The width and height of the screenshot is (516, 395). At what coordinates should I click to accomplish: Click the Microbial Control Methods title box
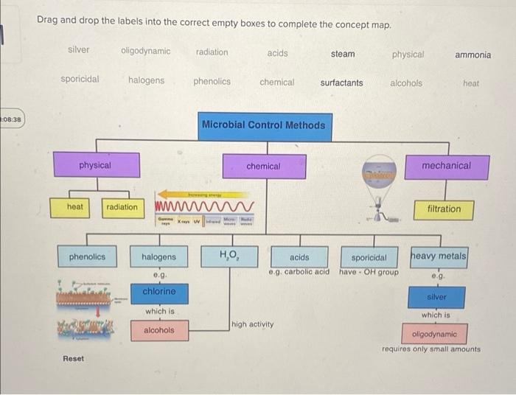click(x=263, y=125)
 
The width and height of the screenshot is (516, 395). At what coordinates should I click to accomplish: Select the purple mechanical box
click(x=446, y=167)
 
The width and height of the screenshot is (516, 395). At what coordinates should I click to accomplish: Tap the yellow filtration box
click(x=444, y=209)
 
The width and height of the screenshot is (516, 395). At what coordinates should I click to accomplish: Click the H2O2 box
click(x=229, y=256)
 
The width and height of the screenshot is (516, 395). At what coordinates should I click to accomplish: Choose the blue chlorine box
click(x=158, y=292)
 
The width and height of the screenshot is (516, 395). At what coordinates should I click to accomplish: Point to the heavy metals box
click(x=439, y=256)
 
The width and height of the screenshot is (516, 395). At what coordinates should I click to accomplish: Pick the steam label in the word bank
click(x=343, y=54)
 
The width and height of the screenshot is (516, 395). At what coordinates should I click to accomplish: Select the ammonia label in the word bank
click(x=473, y=55)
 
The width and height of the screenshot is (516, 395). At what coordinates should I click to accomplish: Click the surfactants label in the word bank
click(x=341, y=83)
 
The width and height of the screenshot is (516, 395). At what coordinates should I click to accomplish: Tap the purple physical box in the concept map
click(x=95, y=166)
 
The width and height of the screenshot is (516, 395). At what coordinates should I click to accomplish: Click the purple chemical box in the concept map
click(x=263, y=167)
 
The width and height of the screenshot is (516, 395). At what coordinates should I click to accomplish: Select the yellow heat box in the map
click(x=75, y=207)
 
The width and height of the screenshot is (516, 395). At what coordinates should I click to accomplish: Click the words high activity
click(x=252, y=324)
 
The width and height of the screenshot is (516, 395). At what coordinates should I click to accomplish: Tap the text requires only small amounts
click(x=431, y=349)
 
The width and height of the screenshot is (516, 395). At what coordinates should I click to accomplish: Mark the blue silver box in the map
click(x=436, y=297)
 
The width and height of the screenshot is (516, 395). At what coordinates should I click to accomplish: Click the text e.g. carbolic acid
click(x=299, y=272)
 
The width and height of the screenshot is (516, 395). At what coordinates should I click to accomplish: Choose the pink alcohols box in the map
click(x=158, y=330)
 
